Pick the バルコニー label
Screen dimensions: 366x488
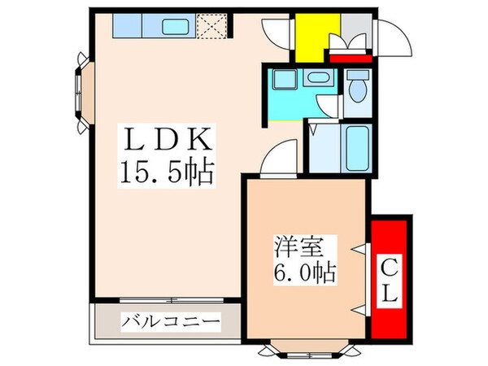point(171,322)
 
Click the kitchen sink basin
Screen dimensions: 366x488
point(176,27)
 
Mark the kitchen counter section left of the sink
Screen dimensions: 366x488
point(127,27)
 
